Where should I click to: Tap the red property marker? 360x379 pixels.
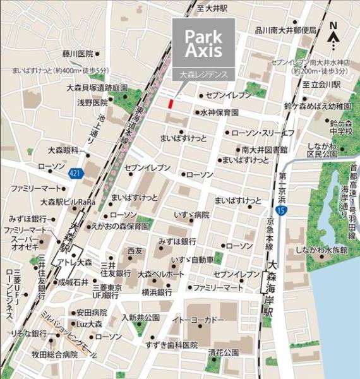tap(171, 104)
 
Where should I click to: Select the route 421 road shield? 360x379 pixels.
tap(75, 172)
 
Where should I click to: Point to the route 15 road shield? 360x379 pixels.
tap(280, 208)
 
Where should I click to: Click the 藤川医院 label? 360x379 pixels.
tap(78, 54)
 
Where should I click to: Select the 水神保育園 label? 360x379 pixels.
tap(219, 112)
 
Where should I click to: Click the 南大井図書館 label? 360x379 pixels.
tap(265, 150)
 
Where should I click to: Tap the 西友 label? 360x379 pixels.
tap(135, 250)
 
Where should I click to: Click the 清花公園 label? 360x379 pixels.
tap(224, 351)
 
